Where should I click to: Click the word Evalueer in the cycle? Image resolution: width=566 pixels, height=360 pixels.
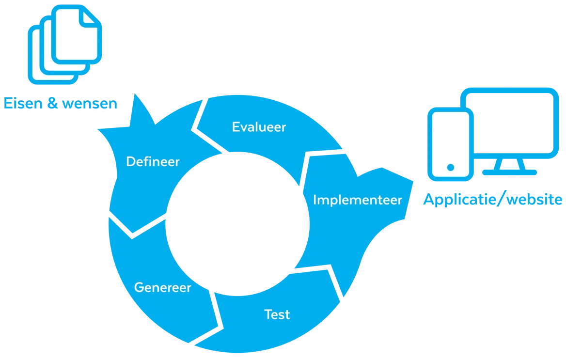[x=259, y=127]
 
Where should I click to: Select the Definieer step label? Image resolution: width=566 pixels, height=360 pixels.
[x=153, y=161]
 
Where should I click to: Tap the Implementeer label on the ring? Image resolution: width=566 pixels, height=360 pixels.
[x=357, y=200]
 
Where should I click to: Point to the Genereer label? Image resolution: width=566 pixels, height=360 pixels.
[x=162, y=287]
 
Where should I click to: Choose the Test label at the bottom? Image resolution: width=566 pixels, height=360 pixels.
[x=277, y=314]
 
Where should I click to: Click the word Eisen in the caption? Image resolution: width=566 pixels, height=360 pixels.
[x=23, y=103]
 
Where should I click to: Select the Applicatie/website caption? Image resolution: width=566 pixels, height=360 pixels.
[x=492, y=199]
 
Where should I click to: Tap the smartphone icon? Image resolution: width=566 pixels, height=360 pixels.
[x=450, y=142]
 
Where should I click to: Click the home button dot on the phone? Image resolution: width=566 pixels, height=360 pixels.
[x=450, y=167]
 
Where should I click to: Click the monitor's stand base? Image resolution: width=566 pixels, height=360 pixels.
[x=509, y=172]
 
